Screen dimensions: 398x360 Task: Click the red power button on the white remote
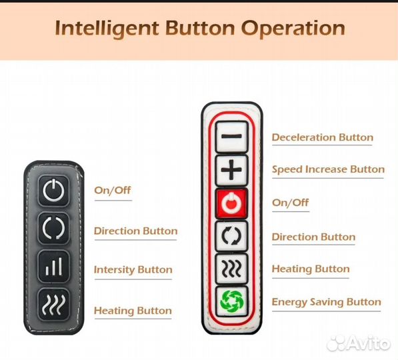[231, 203]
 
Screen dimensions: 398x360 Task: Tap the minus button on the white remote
[231, 137]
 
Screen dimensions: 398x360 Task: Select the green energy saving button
[231, 301]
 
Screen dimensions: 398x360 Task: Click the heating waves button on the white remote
[231, 269]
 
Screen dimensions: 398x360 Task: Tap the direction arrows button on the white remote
[231, 236]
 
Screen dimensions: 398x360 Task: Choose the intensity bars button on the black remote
[53, 266]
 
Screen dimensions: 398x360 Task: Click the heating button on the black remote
[53, 305]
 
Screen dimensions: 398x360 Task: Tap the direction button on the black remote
[53, 228]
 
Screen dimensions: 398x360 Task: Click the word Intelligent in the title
[107, 29]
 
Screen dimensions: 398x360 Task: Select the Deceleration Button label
[323, 137]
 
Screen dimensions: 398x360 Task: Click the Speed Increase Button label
[328, 169]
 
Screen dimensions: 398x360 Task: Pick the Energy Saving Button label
[327, 302]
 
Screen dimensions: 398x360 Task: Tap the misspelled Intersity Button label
[133, 269]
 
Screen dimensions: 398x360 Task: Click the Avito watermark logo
[358, 343]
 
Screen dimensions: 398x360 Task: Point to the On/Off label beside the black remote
[113, 191]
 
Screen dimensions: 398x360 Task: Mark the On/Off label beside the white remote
[290, 203]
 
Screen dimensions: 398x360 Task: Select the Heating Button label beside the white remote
[311, 269]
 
